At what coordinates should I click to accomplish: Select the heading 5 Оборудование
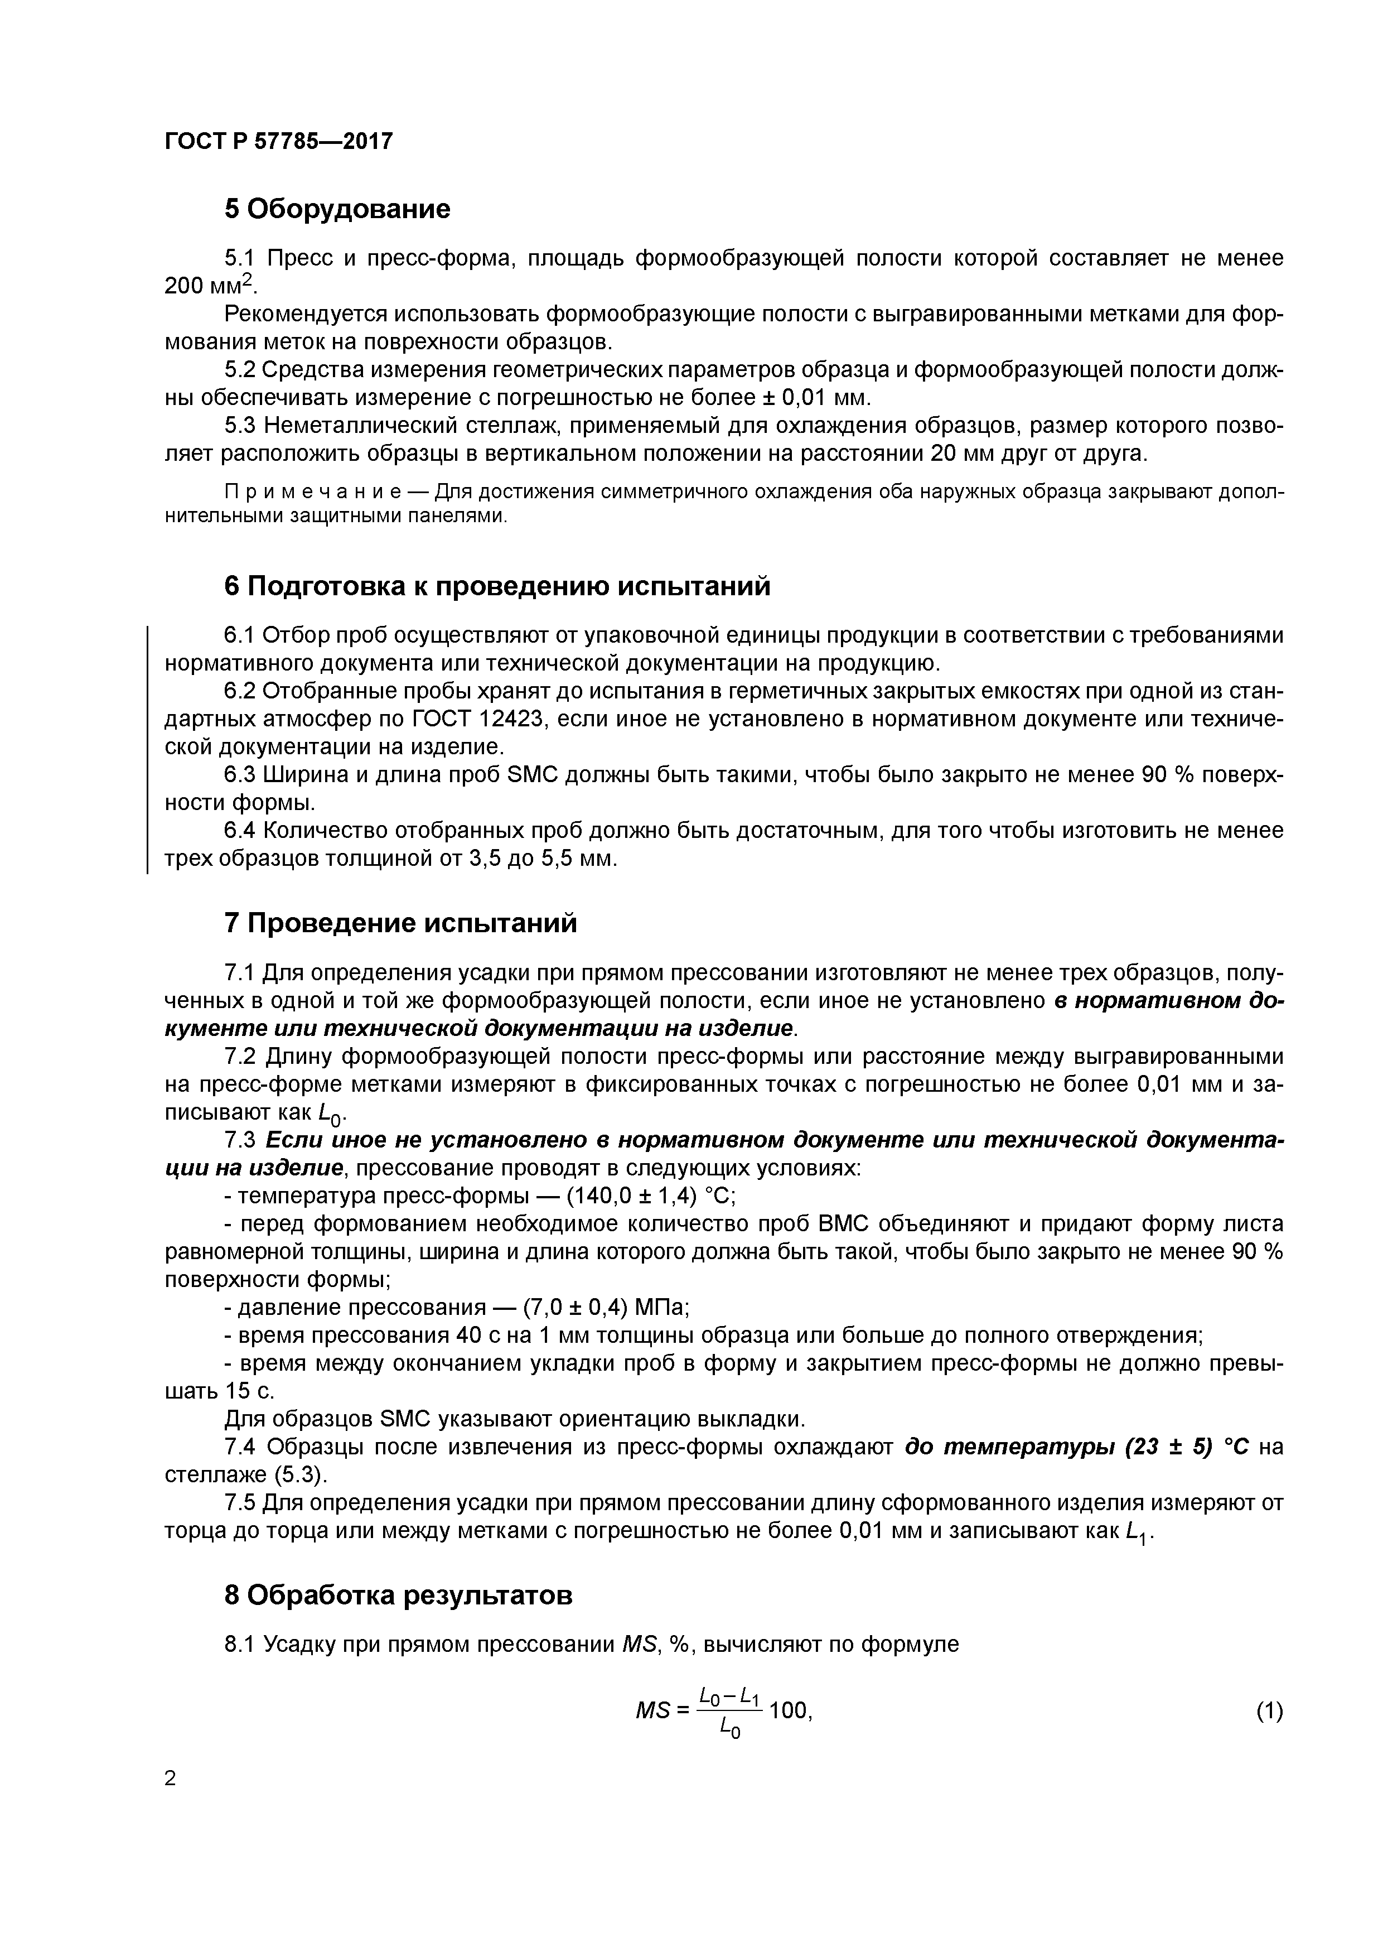(x=337, y=209)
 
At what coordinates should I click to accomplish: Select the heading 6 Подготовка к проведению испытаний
(x=497, y=586)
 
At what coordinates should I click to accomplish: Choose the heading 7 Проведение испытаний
(x=400, y=923)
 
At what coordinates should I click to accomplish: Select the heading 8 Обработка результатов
(x=398, y=1596)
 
